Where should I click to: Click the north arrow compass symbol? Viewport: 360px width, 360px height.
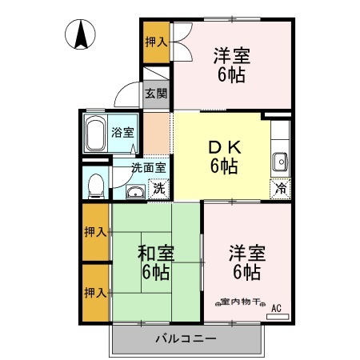tap(82, 35)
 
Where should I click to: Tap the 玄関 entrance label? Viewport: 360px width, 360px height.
tap(156, 93)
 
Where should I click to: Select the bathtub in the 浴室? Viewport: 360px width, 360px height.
tap(97, 133)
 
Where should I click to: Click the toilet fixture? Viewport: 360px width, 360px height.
tap(94, 185)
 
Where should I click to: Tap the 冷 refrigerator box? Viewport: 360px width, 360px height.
tap(280, 189)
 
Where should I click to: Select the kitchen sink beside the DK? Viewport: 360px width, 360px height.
tap(279, 162)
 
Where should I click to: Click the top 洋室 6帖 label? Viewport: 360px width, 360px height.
tap(231, 65)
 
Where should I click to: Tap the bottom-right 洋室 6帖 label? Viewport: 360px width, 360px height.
tap(246, 262)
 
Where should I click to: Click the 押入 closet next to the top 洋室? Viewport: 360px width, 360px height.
tap(155, 42)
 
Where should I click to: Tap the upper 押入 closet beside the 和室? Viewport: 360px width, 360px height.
tap(95, 232)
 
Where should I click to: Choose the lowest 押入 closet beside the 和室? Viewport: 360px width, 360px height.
tap(95, 292)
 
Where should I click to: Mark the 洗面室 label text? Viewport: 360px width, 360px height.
tap(149, 168)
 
